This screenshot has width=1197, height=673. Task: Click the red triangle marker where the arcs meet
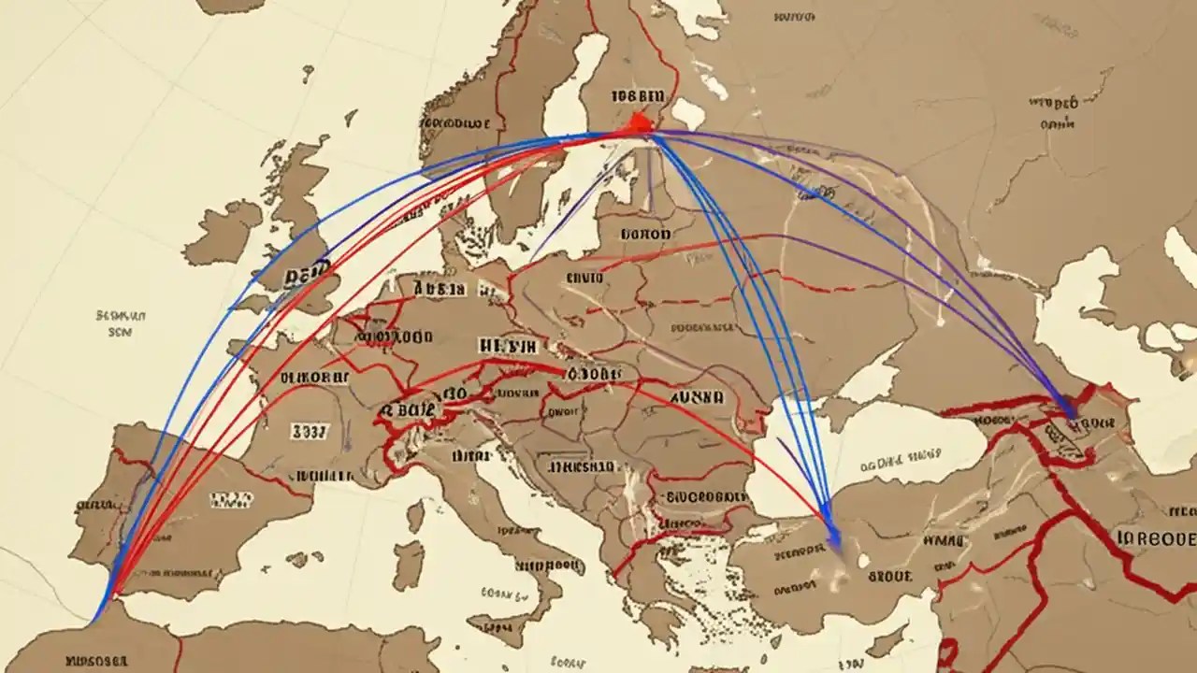639,123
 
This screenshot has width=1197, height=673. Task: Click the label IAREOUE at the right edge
1156,539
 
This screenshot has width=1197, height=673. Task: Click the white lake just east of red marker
687,113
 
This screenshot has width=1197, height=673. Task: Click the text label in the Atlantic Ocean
121,323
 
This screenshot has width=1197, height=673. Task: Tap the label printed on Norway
455,122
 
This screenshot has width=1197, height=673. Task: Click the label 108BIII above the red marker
638,95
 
